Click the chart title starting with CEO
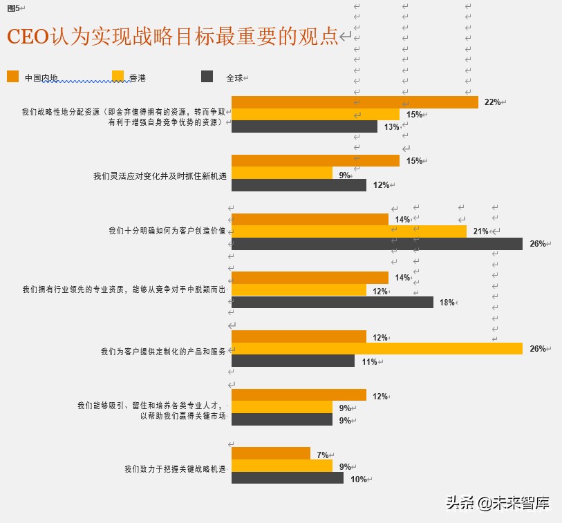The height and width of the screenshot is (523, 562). click(x=172, y=37)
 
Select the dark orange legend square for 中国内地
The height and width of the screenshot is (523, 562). click(x=12, y=76)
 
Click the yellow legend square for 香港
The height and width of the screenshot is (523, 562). click(x=118, y=76)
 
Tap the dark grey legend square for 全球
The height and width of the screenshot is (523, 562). click(x=207, y=76)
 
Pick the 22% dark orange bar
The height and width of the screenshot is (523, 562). click(x=355, y=102)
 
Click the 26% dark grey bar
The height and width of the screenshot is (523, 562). click(x=377, y=244)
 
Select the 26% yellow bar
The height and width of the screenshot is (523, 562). click(x=377, y=349)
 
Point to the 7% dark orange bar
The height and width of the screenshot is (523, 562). click(x=270, y=453)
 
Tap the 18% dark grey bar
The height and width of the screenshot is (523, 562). click(x=332, y=303)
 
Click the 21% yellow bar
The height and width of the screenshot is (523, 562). click(x=348, y=231)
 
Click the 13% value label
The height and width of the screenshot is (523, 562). click(x=391, y=127)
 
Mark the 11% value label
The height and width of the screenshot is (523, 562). click(x=369, y=361)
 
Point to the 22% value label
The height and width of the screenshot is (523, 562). click(x=492, y=102)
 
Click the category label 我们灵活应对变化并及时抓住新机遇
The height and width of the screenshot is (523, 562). click(x=160, y=176)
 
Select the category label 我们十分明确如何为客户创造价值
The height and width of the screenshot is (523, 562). click(x=167, y=230)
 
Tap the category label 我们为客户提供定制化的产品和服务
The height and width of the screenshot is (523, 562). click(x=163, y=352)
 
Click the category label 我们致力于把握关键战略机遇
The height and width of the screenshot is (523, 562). click(x=175, y=469)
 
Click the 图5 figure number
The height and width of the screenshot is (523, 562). click(x=13, y=8)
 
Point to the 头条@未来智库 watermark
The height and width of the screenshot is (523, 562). click(x=498, y=503)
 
